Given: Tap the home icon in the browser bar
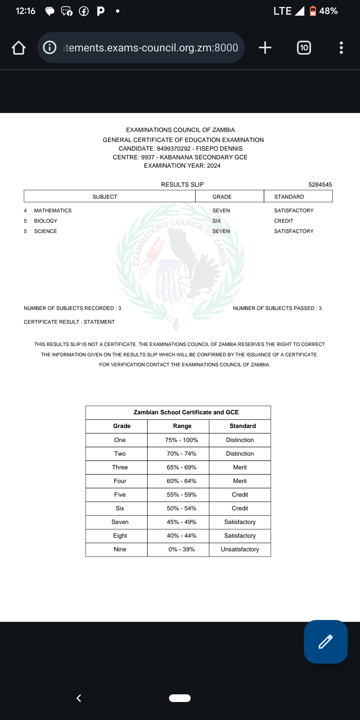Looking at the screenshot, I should (x=19, y=48).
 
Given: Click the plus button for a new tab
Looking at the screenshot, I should (x=265, y=48).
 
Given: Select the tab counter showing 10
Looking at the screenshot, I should (x=304, y=48).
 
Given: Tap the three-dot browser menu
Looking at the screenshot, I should (x=341, y=48).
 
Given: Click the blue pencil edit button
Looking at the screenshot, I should (x=326, y=642).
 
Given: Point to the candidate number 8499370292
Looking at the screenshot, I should (x=174, y=149).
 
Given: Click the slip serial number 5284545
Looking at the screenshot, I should (x=320, y=185).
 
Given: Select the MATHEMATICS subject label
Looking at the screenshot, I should (x=53, y=211).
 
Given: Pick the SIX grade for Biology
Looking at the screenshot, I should (x=217, y=221).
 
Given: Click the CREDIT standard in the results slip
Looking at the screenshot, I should (x=284, y=221).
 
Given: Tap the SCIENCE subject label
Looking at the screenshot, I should (x=45, y=231).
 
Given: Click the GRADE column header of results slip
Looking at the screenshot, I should (x=222, y=197).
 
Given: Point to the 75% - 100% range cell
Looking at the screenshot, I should (x=181, y=440).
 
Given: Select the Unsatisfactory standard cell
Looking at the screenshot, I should (x=240, y=549).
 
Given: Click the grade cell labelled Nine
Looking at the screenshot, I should (x=120, y=549).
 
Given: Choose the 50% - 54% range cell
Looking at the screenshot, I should (x=181, y=508).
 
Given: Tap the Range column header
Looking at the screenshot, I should (x=182, y=426).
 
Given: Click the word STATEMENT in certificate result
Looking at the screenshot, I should (x=99, y=322).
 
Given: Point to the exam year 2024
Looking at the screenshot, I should (x=214, y=166).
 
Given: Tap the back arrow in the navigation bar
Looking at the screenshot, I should (x=79, y=698).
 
